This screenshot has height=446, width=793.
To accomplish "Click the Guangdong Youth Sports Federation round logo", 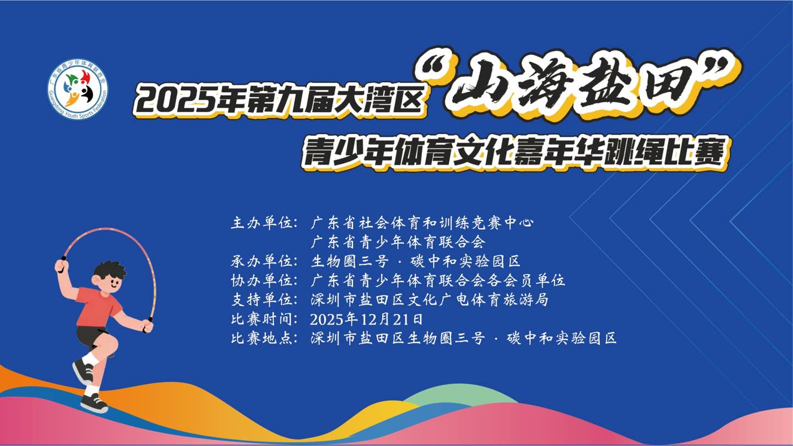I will pyautogui.click(x=77, y=91).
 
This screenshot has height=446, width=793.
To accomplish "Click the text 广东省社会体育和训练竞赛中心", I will pyautogui.click(x=422, y=223).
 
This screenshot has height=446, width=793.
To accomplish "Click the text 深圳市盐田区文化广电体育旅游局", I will pyautogui.click(x=430, y=299).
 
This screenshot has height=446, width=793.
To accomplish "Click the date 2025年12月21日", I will pyautogui.click(x=367, y=318).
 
